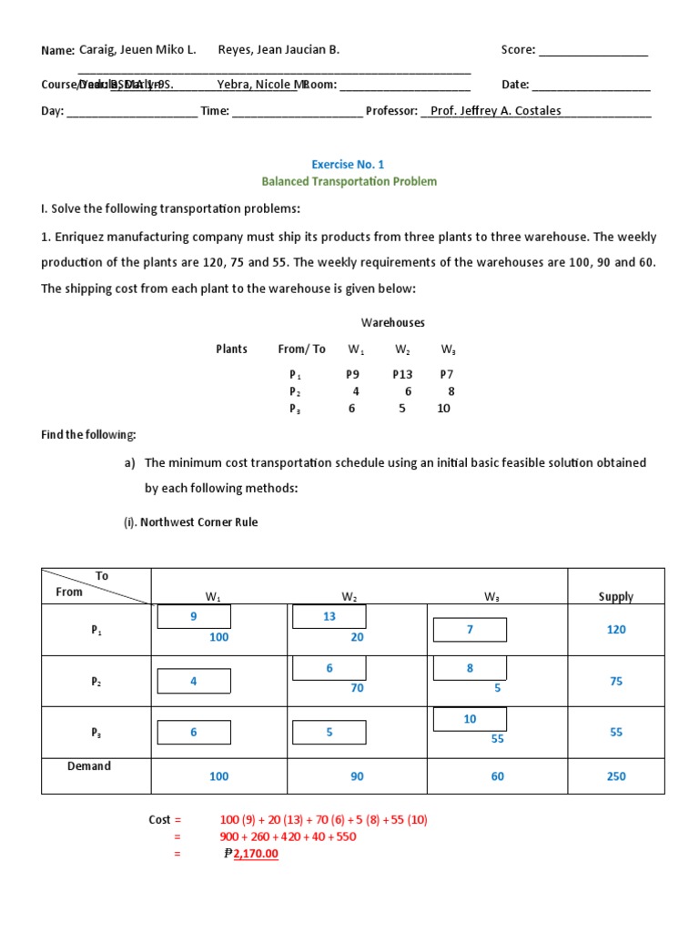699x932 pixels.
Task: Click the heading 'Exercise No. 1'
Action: [x=349, y=165]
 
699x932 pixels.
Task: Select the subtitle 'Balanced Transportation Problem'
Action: [x=349, y=182]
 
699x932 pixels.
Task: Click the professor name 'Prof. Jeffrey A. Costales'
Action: [x=495, y=111]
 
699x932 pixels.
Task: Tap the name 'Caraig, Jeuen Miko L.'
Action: [x=137, y=50]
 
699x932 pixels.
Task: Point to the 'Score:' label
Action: [x=519, y=50]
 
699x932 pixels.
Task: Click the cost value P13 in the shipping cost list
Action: [x=402, y=374]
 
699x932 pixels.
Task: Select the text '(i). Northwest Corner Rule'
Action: [x=190, y=522]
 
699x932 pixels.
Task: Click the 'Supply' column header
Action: [x=616, y=597]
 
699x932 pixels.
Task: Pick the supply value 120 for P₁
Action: [x=616, y=630]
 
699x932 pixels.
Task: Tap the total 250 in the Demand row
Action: [x=616, y=776]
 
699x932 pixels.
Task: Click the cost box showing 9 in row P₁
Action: [x=194, y=617]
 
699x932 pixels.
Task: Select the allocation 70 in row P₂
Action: [x=357, y=689]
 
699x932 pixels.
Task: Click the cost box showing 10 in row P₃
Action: [x=470, y=719]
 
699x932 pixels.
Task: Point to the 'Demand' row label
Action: [x=89, y=766]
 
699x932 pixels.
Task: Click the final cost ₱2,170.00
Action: [x=252, y=854]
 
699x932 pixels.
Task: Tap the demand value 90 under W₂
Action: [x=357, y=776]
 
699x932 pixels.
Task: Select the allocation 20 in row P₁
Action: [x=357, y=638]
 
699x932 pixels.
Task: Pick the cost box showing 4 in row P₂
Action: [x=194, y=681]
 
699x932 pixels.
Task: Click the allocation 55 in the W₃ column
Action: [x=497, y=739]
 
